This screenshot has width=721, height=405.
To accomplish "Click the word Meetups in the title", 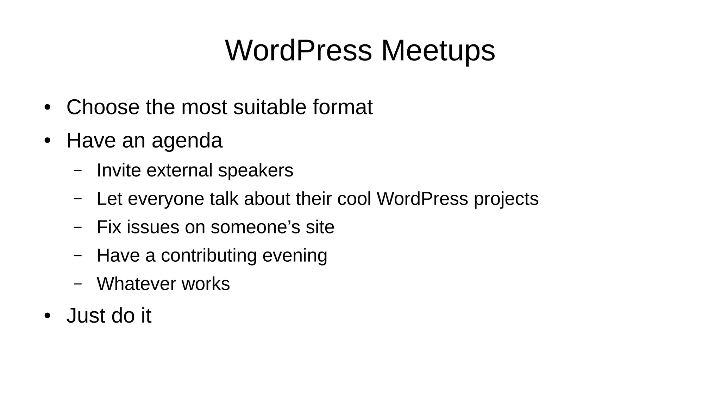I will click(x=438, y=51).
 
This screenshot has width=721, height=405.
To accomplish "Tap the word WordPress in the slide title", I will click(x=298, y=51).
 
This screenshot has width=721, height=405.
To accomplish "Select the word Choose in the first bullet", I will click(x=103, y=107).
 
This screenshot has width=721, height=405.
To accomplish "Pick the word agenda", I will click(x=187, y=141).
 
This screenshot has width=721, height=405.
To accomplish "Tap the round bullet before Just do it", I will click(x=48, y=316).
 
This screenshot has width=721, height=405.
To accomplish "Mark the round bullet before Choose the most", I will click(x=48, y=108).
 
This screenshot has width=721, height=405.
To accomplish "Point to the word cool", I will click(x=354, y=199).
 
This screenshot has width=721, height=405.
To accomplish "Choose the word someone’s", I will click(x=255, y=227).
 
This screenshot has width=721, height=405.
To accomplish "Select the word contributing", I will click(x=209, y=256).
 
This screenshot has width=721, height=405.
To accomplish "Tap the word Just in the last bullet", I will click(x=86, y=316).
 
